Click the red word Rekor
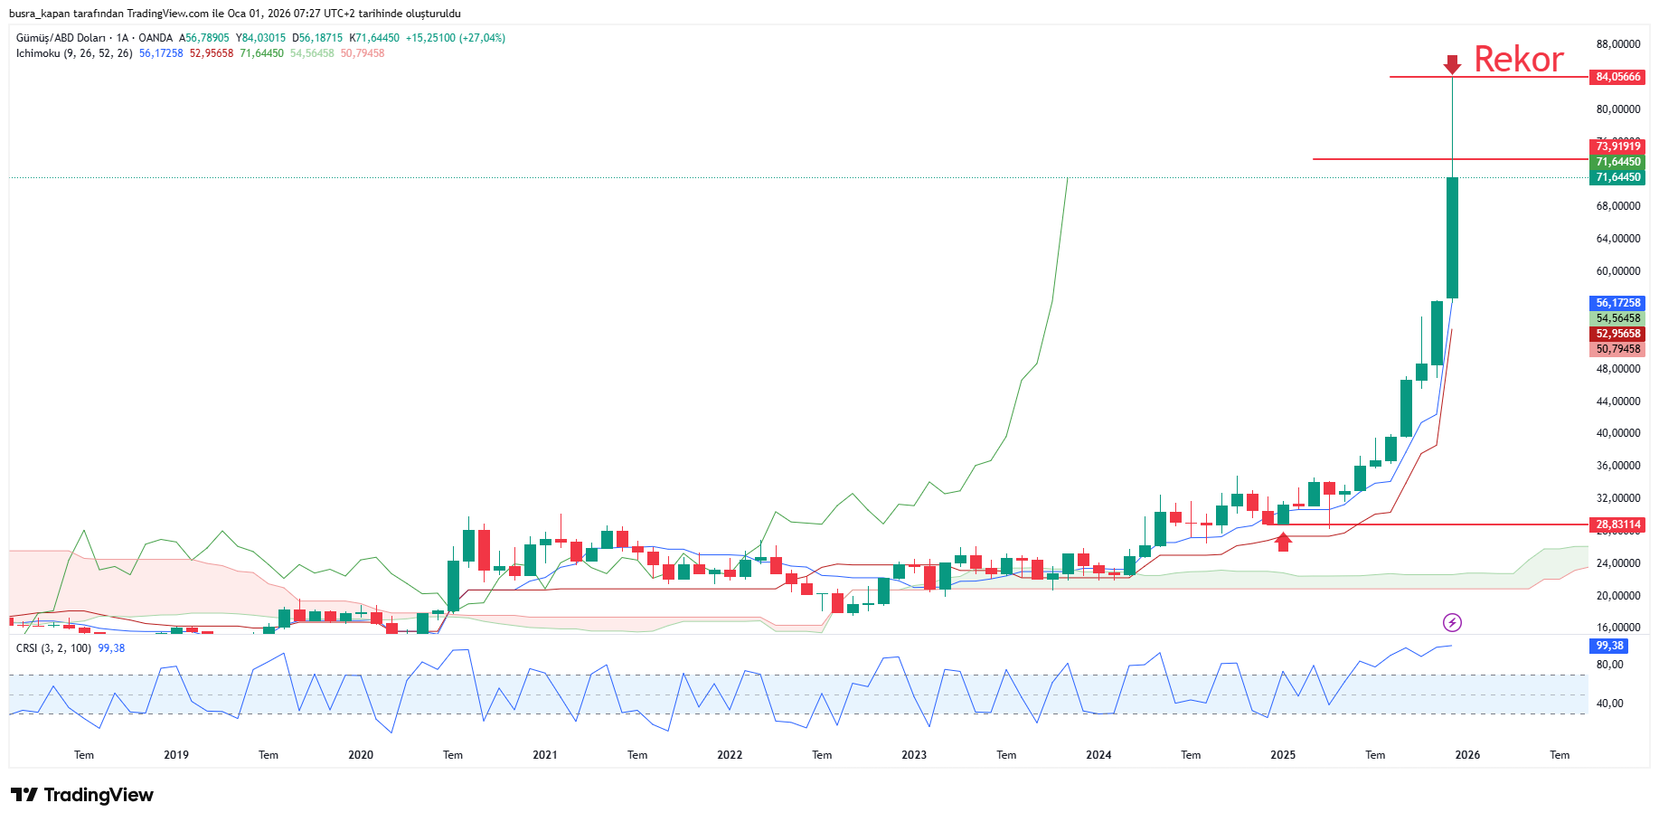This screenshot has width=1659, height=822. coord(1518,60)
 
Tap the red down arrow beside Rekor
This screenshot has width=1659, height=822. coord(1452,64)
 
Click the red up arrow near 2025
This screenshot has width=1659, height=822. coord(1283,542)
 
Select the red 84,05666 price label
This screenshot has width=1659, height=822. coord(1617,77)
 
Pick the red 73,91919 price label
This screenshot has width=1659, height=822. coord(1617,146)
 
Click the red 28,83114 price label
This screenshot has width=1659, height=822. coord(1617,524)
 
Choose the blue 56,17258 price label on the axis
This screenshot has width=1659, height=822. coord(1617,303)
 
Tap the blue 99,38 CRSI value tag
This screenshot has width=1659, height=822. coord(1609,646)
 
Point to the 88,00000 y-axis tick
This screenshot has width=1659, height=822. coord(1617,44)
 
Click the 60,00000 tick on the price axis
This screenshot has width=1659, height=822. coord(1617,271)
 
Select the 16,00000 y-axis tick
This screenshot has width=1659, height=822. coord(1617,628)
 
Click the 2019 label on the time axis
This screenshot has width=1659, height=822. coord(176,755)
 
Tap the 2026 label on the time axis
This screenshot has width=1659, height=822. coord(1467,755)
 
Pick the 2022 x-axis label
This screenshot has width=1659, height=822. coord(730,755)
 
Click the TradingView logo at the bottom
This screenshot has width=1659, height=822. coord(82,795)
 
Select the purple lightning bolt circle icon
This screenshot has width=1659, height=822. coord(1452,622)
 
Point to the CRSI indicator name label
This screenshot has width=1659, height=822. coord(27,648)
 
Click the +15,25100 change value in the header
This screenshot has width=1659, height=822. coord(430,38)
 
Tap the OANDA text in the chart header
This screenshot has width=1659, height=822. coord(156,38)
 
